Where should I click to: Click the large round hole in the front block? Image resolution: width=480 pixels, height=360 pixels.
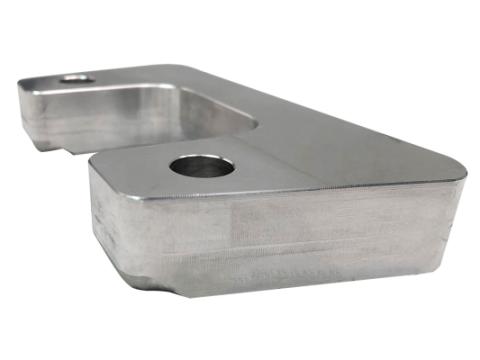tap(202, 165)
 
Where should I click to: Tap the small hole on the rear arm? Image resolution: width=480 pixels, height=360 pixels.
tap(76, 78)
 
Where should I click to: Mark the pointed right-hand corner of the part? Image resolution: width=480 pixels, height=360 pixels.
tap(462, 178)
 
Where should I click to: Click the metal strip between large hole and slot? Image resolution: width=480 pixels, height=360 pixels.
tap(240, 145)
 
